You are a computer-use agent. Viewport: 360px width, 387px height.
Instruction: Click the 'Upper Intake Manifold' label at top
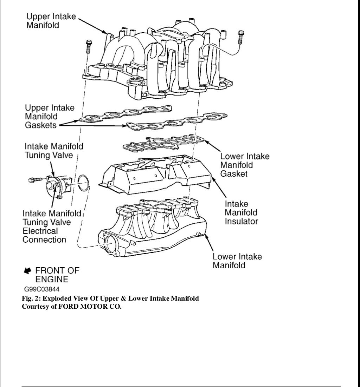click(51, 21)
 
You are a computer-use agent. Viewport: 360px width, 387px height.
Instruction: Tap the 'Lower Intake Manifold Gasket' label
click(244, 165)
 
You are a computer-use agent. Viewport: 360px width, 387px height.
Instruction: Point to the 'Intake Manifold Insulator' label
click(241, 212)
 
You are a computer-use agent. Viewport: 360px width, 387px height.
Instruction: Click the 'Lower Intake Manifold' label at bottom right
click(237, 261)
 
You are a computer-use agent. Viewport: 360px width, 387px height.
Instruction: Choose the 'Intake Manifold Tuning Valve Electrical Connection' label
click(51, 227)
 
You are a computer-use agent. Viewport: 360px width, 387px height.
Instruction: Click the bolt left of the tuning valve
click(34, 180)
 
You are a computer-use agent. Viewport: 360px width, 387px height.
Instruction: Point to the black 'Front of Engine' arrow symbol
click(27, 271)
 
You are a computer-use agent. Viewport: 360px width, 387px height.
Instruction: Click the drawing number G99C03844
click(41, 289)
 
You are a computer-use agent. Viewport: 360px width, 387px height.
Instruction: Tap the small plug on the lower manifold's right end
click(199, 234)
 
